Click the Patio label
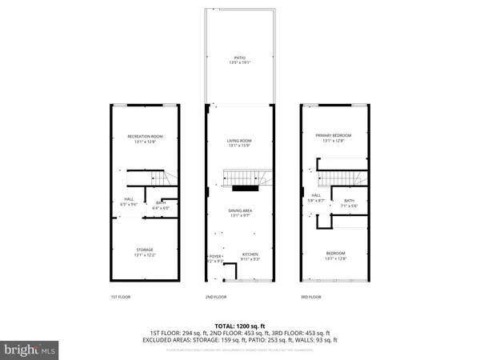239,57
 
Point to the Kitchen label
250,255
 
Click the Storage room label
145,251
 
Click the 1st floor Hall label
128,202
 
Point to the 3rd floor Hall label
316,197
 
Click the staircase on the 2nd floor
240,177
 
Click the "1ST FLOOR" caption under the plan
121,297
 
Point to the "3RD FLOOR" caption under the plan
310,297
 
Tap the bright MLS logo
30,350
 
